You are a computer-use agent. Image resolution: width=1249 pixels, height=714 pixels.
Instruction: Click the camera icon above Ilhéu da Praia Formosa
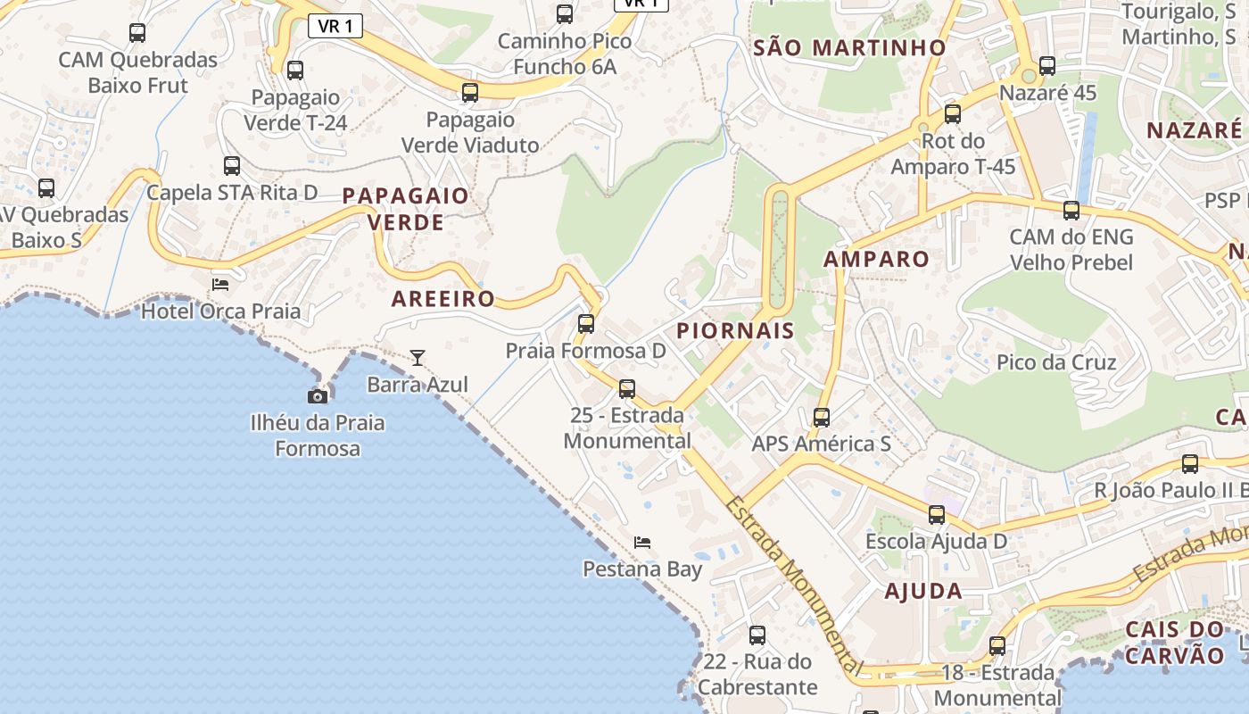(x=318, y=395)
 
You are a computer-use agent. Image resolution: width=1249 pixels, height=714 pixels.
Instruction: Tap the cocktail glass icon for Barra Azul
(x=418, y=358)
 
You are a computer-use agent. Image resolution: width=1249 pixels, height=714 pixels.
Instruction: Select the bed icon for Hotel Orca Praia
(x=220, y=285)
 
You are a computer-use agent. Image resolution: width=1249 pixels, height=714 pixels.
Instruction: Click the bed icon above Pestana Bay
(x=642, y=542)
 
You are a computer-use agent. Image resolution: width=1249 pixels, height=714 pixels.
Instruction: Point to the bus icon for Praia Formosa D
(x=586, y=324)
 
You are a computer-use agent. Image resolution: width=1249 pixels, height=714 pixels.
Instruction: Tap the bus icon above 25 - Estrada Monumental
(x=627, y=388)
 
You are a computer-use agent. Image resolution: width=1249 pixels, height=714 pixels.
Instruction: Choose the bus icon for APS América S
(x=822, y=417)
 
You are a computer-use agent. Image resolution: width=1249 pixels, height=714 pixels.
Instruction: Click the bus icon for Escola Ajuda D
(x=937, y=514)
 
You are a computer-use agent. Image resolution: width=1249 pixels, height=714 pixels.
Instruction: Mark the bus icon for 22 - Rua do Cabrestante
(x=757, y=635)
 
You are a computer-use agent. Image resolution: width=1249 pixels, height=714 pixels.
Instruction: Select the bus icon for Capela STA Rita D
(x=232, y=165)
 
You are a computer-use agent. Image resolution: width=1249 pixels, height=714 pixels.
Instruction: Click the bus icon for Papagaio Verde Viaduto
(x=470, y=92)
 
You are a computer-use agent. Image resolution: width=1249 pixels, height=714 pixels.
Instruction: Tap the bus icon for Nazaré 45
(x=1047, y=65)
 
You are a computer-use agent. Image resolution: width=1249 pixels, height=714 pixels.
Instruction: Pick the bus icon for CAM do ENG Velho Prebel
(x=1071, y=211)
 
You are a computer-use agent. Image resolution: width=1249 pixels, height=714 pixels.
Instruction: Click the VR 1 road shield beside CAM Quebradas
(x=335, y=26)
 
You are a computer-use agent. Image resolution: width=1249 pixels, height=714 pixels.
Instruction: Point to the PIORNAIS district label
(x=735, y=331)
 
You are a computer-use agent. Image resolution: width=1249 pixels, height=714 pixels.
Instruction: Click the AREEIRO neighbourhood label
(x=443, y=299)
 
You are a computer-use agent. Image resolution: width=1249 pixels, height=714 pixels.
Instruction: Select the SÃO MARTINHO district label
(x=849, y=48)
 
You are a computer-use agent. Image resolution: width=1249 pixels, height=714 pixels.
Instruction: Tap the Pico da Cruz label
(x=1056, y=362)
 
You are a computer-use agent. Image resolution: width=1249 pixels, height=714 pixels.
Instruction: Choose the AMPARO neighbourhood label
(x=876, y=260)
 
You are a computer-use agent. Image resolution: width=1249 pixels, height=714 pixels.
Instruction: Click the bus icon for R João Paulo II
(x=1190, y=463)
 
